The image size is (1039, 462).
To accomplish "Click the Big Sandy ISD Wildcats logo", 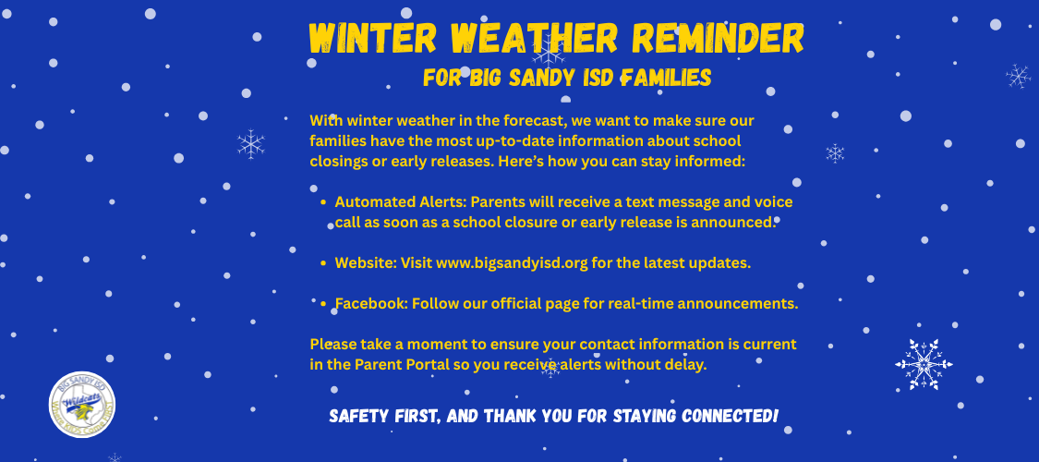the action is (82, 405).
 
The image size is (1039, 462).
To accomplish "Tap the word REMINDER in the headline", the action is (718, 38).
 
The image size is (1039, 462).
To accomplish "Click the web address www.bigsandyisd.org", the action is (513, 263).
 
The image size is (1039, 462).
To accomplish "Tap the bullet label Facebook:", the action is (371, 304).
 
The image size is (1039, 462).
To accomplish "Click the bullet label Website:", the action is (366, 262).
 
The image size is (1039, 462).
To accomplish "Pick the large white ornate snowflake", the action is (924, 365).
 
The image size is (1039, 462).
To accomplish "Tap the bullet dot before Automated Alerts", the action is (322, 202).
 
